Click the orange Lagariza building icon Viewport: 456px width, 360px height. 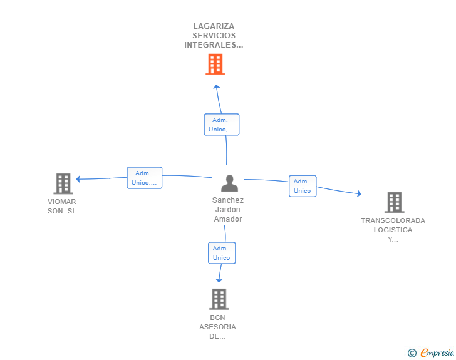[215, 64]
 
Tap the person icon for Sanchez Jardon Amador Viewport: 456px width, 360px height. [230, 183]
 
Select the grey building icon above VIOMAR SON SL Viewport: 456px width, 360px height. [63, 183]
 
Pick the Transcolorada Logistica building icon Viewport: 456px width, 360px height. [394, 202]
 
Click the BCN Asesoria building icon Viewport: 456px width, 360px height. [219, 299]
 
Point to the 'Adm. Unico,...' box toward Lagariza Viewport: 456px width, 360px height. [222, 125]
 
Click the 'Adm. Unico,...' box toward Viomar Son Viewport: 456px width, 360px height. [145, 178]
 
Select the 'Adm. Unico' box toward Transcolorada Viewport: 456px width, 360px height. [303, 186]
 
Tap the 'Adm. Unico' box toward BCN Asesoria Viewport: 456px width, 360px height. [222, 253]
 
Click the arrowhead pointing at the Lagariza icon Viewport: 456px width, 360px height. [216, 87]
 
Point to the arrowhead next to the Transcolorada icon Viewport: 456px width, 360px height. [358, 194]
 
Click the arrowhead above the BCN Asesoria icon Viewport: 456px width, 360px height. [219, 280]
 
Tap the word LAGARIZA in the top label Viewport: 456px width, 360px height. [214, 26]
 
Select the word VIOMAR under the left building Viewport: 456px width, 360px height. [62, 202]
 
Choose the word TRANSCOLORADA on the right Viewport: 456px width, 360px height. [393, 220]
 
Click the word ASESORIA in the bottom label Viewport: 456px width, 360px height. [217, 327]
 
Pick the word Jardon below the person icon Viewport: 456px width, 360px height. [228, 210]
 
